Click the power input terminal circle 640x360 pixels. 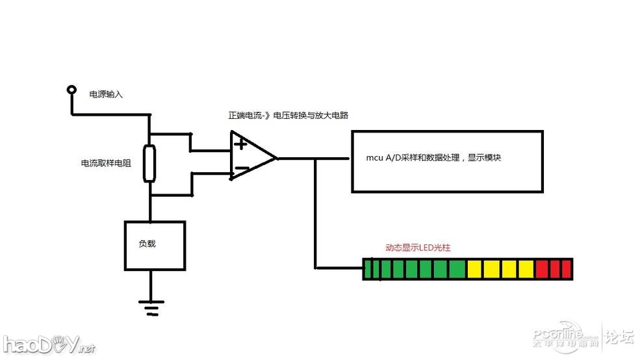click(x=70, y=90)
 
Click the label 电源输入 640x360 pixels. click(x=106, y=95)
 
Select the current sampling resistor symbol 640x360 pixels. click(x=150, y=164)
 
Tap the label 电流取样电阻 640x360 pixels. click(x=106, y=164)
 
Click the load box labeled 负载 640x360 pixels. click(x=155, y=245)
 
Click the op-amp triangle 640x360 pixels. click(x=250, y=157)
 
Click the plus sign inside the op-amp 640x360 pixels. click(x=240, y=144)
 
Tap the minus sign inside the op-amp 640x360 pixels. click(x=240, y=170)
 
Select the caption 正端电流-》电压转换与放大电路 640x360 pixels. click(x=288, y=116)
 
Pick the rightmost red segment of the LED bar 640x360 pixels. click(x=566, y=269)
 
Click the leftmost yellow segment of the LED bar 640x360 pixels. click(x=475, y=269)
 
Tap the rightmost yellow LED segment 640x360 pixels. click(x=527, y=269)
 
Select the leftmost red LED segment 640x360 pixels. click(x=543, y=269)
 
